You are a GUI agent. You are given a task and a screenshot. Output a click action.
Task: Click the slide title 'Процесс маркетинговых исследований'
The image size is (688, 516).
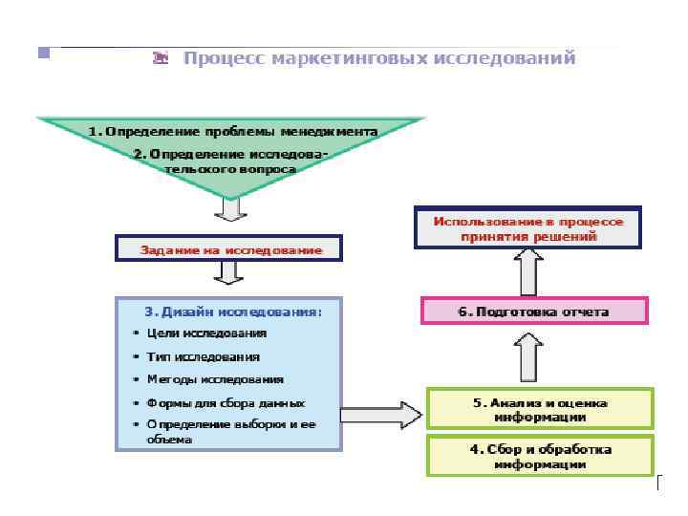[x=379, y=58]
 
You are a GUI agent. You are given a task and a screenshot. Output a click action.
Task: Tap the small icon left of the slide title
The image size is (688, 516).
[x=161, y=58]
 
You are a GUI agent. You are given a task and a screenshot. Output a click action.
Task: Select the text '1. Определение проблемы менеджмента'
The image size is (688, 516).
[x=233, y=131]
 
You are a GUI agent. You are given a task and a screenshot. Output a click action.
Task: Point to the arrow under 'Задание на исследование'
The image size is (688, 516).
[x=230, y=273]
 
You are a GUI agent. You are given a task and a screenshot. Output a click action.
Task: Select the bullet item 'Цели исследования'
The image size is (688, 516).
[x=206, y=333]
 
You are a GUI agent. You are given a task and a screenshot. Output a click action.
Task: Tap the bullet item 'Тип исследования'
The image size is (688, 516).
[x=203, y=356]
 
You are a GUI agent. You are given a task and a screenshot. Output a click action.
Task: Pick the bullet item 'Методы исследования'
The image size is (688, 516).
[x=215, y=379]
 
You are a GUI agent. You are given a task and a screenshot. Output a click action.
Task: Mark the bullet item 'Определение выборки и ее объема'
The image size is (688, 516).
[x=230, y=431]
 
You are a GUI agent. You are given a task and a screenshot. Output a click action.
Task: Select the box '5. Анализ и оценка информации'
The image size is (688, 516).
[x=540, y=409]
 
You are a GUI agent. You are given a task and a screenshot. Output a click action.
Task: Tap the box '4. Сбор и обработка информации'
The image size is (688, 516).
[x=540, y=456]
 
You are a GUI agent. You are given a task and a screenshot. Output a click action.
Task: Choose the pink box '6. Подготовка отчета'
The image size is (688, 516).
[x=534, y=312]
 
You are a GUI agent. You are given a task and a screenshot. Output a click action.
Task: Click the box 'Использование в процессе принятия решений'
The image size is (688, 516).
[x=528, y=228]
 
